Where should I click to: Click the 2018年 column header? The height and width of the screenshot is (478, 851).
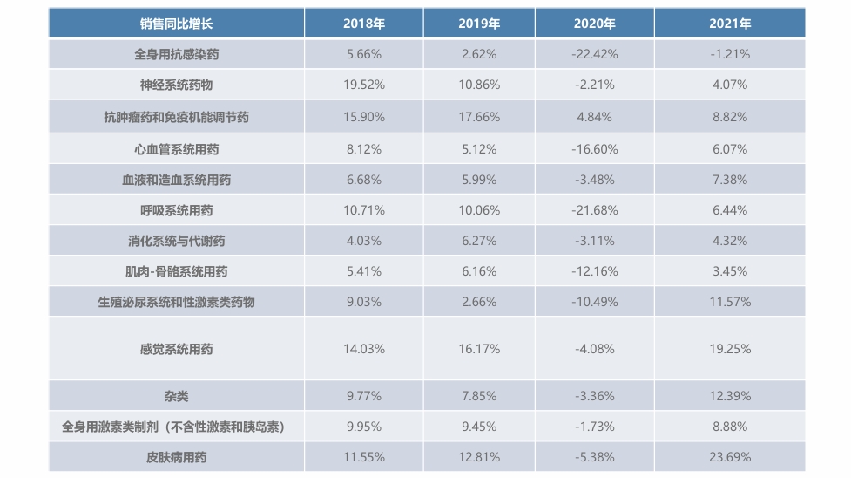pyautogui.click(x=363, y=24)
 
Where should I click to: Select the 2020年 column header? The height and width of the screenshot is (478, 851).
pyautogui.click(x=594, y=24)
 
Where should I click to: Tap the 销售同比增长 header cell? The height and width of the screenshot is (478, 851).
pyautogui.click(x=176, y=24)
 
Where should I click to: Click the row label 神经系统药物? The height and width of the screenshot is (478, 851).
pyautogui.click(x=176, y=85)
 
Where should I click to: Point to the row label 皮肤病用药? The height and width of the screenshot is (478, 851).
pyautogui.click(x=176, y=457)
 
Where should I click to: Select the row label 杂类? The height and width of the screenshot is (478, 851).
pyautogui.click(x=176, y=396)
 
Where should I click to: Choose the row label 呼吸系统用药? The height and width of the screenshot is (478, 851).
pyautogui.click(x=176, y=210)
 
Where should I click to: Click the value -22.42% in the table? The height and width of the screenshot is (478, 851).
pyautogui.click(x=594, y=54)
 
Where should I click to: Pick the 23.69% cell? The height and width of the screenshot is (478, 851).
pyautogui.click(x=729, y=457)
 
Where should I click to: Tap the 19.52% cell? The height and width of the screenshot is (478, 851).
pyautogui.click(x=363, y=85)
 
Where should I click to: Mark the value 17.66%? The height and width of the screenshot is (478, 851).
pyautogui.click(x=478, y=117)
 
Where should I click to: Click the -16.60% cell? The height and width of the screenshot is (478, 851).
pyautogui.click(x=594, y=149)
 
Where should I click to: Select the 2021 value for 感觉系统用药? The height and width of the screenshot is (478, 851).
pyautogui.click(x=729, y=349)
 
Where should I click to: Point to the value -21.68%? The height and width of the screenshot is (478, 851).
pyautogui.click(x=594, y=210)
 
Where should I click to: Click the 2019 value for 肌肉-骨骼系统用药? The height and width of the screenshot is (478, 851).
pyautogui.click(x=478, y=271)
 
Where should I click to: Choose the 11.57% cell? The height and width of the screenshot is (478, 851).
pyautogui.click(x=729, y=302)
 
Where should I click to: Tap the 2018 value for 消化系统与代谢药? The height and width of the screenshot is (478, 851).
pyautogui.click(x=363, y=241)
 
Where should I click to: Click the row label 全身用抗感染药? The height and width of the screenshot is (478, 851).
pyautogui.click(x=176, y=54)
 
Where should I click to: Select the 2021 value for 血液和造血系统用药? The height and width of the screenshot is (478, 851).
pyautogui.click(x=729, y=180)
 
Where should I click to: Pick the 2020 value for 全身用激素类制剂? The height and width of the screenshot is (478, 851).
pyautogui.click(x=594, y=427)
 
